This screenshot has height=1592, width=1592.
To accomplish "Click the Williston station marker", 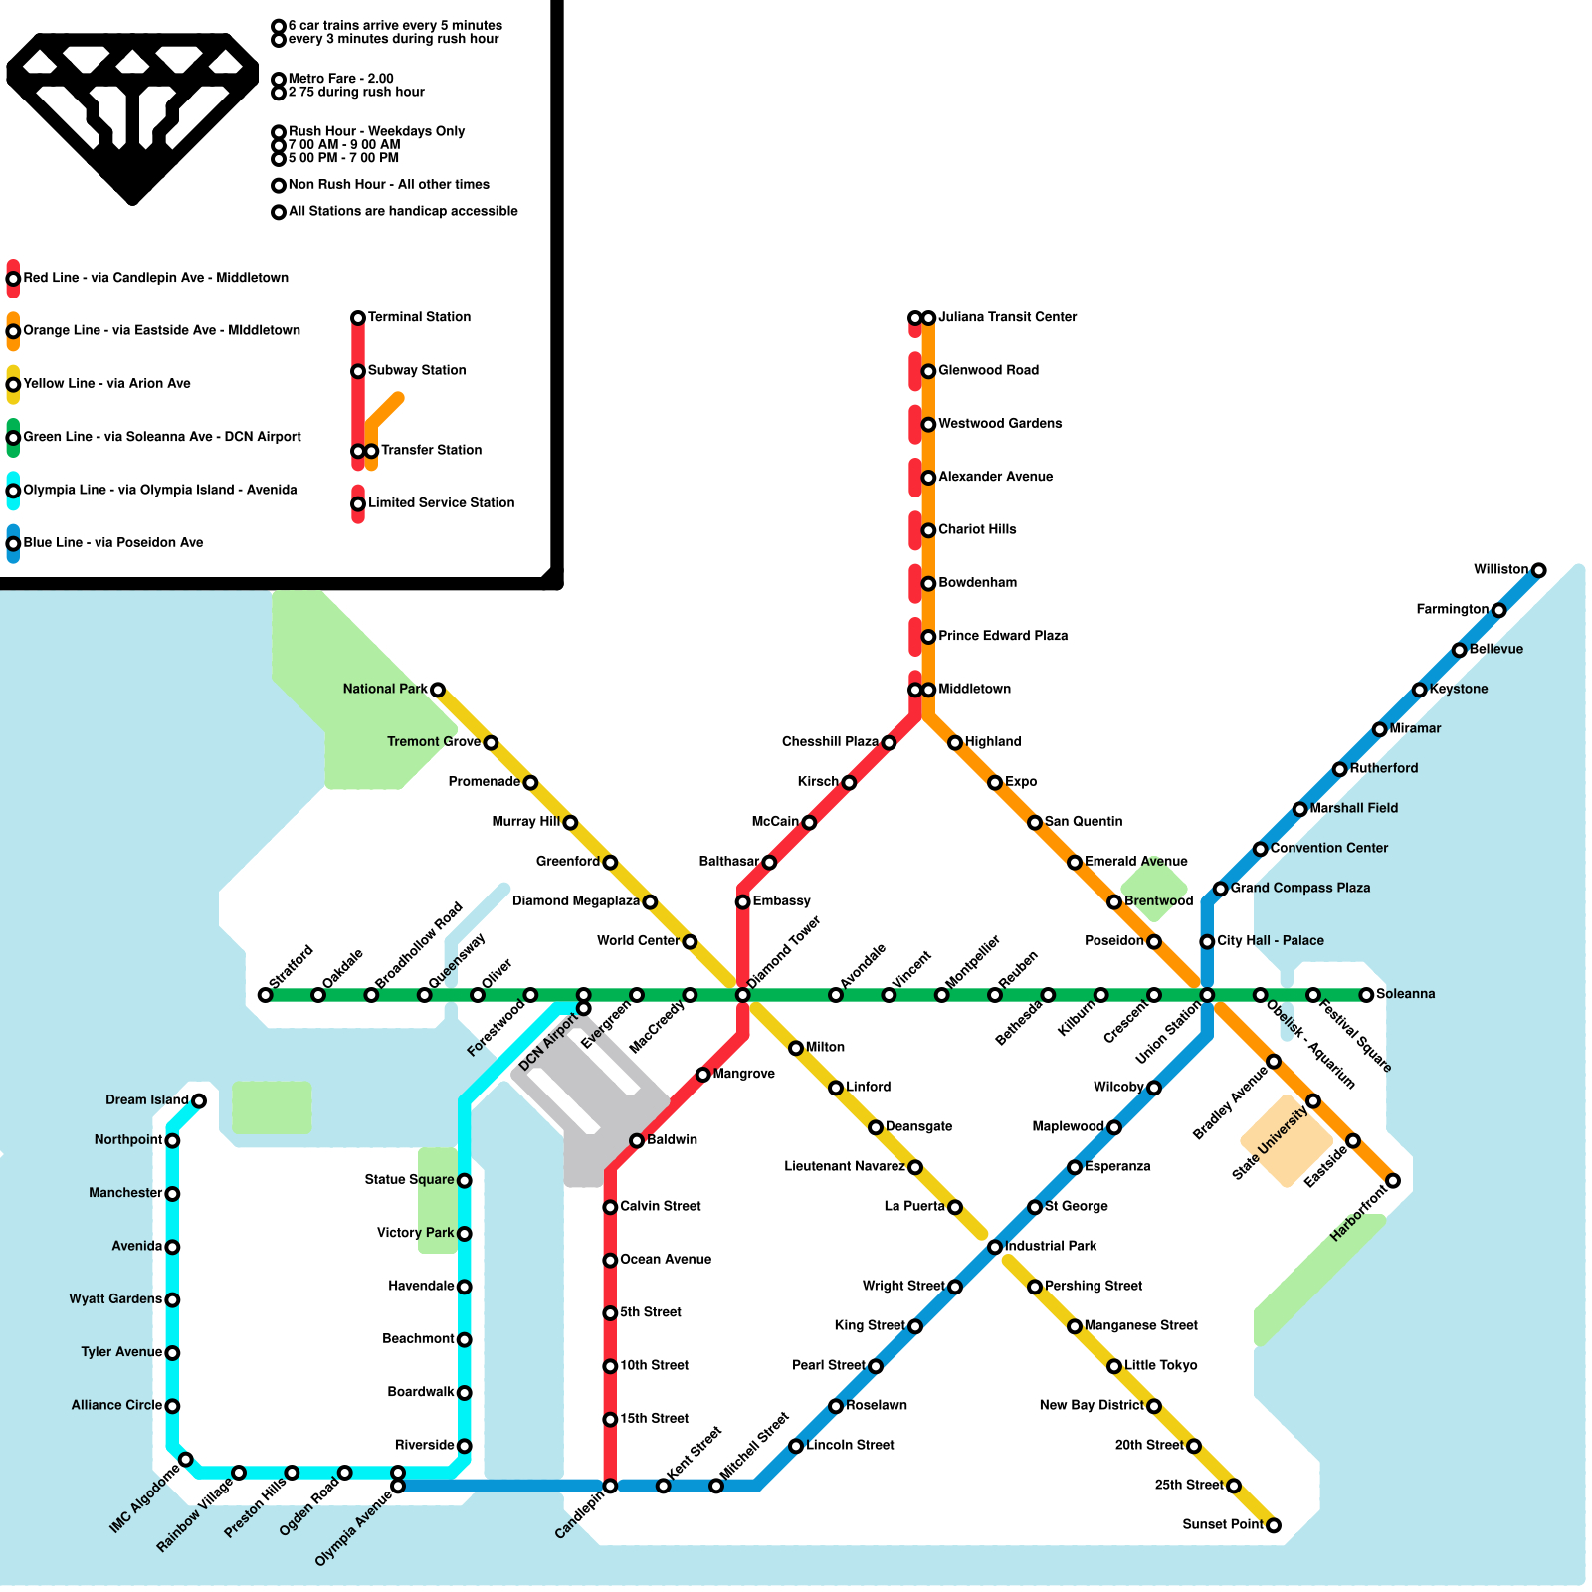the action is (1538, 570).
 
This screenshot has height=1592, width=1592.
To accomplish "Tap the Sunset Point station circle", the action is (1273, 1525).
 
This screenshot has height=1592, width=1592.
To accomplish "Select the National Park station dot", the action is (437, 690).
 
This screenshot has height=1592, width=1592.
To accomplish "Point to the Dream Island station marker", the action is (199, 1100).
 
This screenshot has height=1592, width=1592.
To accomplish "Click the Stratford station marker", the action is (265, 995).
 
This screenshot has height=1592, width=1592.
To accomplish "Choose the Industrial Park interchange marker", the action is (995, 1247).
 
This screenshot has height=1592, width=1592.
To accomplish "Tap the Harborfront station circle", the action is (1393, 1180).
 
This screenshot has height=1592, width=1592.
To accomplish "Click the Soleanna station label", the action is (1405, 994).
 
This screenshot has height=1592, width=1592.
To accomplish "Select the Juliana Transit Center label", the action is (1007, 317).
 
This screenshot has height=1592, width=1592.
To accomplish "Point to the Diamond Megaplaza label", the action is (575, 901).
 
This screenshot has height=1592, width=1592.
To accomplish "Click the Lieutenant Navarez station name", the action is (844, 1166).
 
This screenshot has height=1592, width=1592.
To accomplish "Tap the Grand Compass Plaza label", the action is (1299, 888).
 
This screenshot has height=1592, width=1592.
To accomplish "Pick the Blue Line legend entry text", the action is (112, 543).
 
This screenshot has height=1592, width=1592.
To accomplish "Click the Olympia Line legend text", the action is (159, 490).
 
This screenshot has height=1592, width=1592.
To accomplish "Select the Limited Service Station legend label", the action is (441, 503).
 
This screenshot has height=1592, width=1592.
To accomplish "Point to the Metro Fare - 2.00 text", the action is (340, 79).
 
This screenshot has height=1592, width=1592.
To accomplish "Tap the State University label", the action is (1270, 1144).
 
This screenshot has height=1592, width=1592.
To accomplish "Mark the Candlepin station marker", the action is (610, 1486).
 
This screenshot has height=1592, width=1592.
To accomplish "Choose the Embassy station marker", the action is (742, 901).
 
